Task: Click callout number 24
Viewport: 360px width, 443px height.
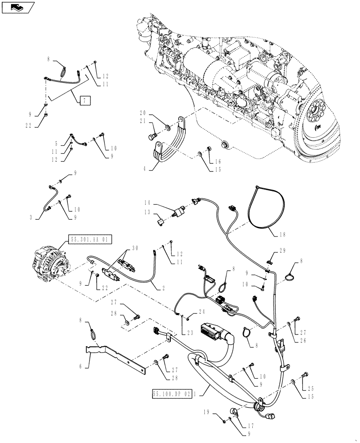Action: (189, 311)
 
